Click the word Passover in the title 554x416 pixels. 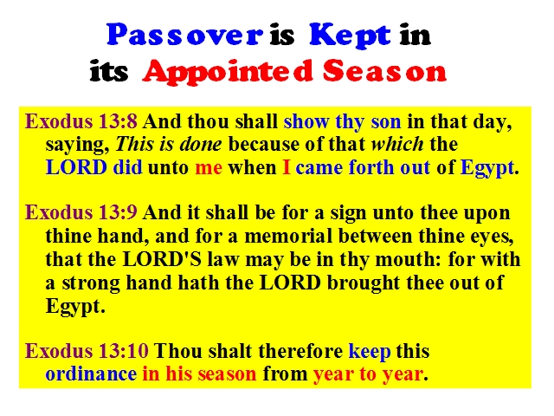coord(184,35)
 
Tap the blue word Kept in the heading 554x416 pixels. coord(350,36)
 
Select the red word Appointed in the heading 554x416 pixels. coord(228,73)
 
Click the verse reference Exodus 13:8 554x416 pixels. coord(81,121)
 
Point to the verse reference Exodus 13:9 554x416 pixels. coord(81,212)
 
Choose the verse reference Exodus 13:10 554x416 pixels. coord(87,351)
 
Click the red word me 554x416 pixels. coord(209,167)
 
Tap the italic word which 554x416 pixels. coord(397,144)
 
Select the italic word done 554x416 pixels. coord(200,145)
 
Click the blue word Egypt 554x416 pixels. coord(486,168)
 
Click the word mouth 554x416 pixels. coord(408,260)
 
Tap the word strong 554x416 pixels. coord(91,284)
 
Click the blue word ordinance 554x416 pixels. coord(91,374)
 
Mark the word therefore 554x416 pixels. coord(300,351)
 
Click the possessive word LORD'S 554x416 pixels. coord(162,260)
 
